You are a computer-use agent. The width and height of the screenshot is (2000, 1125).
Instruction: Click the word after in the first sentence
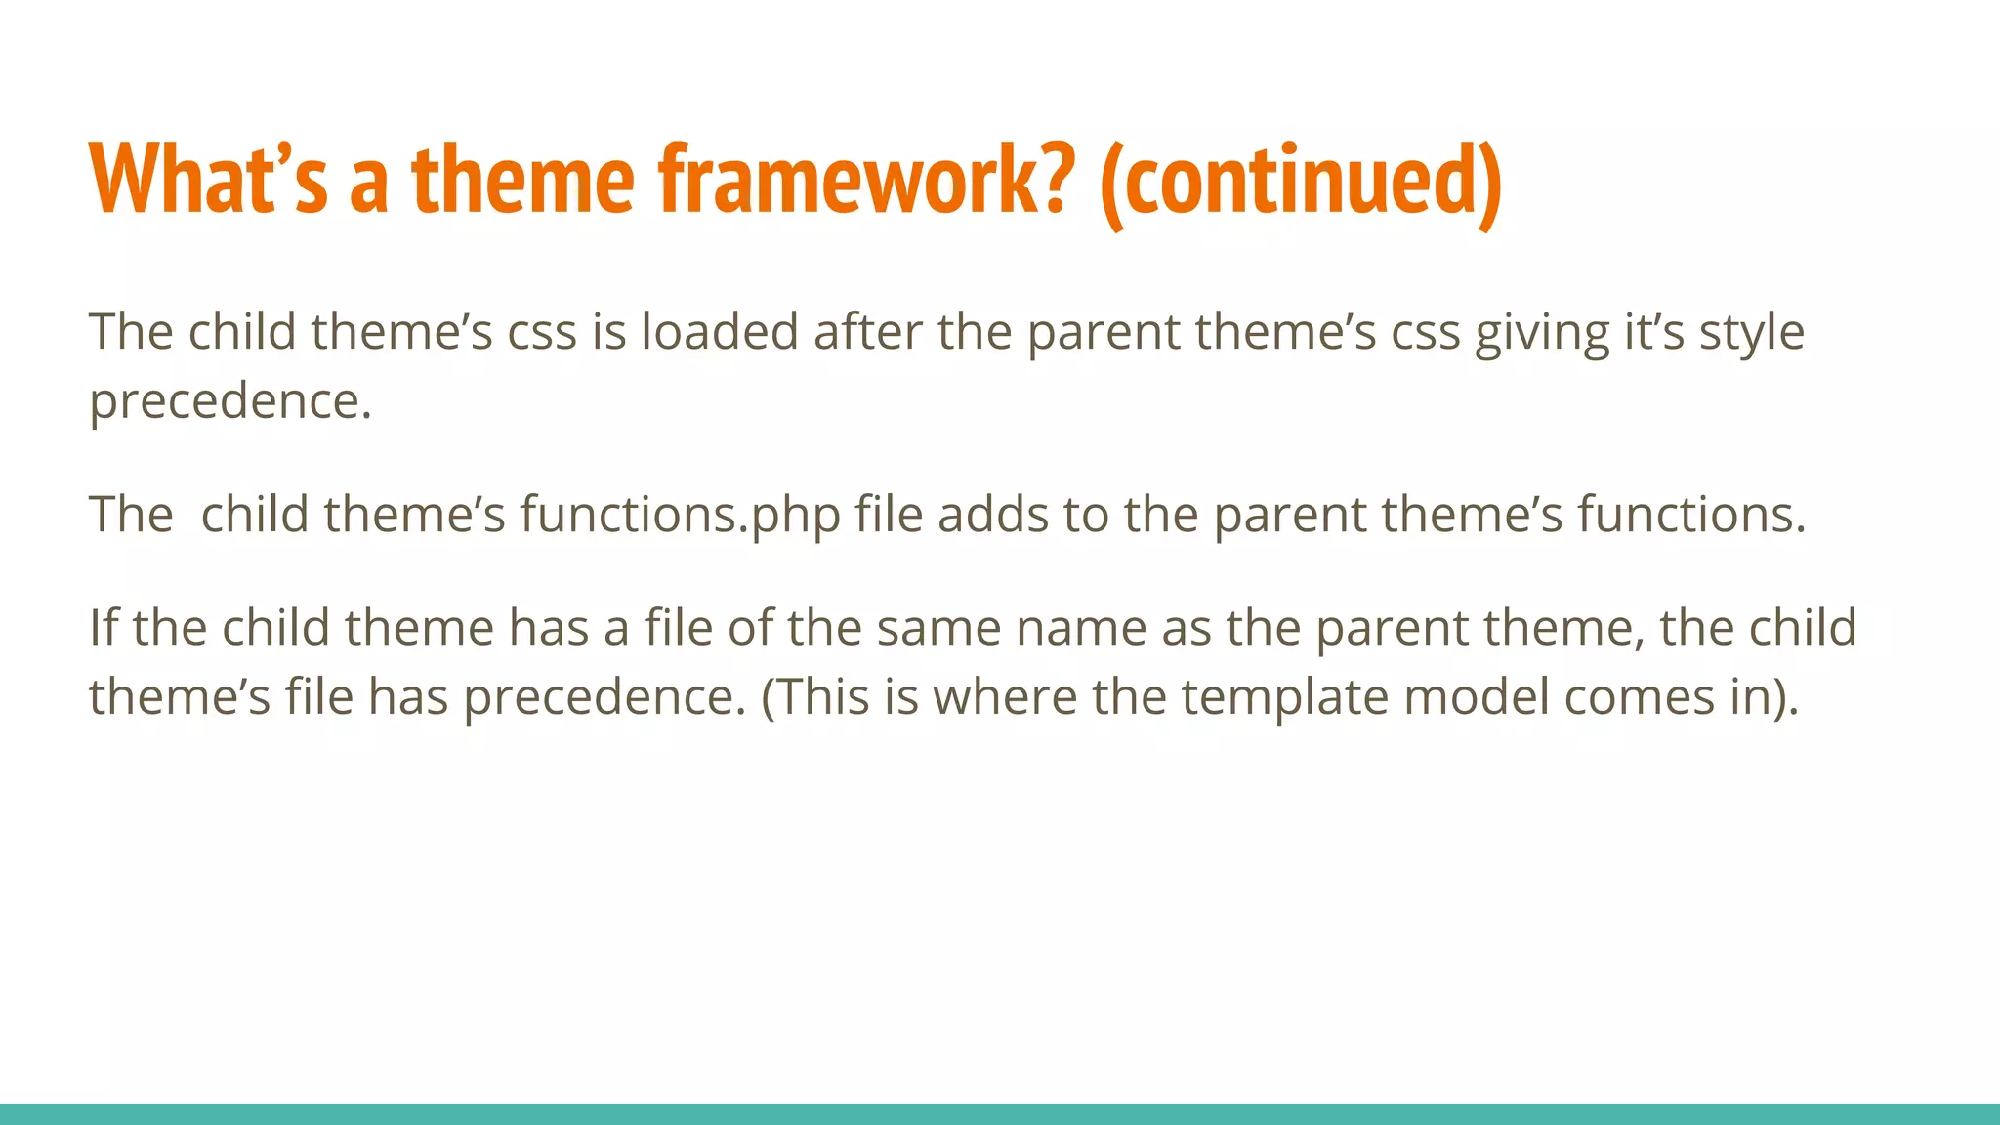pyautogui.click(x=867, y=332)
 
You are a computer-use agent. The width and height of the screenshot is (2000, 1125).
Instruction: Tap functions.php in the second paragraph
pyautogui.click(x=680, y=515)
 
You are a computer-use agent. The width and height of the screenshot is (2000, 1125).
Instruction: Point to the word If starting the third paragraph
pyautogui.click(x=103, y=628)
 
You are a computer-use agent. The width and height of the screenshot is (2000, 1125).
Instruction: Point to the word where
pyautogui.click(x=1005, y=697)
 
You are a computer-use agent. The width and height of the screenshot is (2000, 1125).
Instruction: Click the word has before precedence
pyautogui.click(x=407, y=697)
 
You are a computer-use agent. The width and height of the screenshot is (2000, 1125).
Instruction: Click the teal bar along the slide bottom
pyautogui.click(x=1000, y=1113)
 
